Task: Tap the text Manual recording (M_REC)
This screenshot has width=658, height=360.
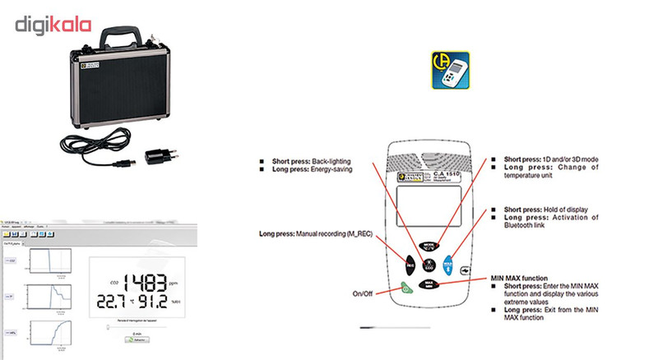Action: (x=333, y=235)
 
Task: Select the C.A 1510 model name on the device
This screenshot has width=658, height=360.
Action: (x=450, y=174)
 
